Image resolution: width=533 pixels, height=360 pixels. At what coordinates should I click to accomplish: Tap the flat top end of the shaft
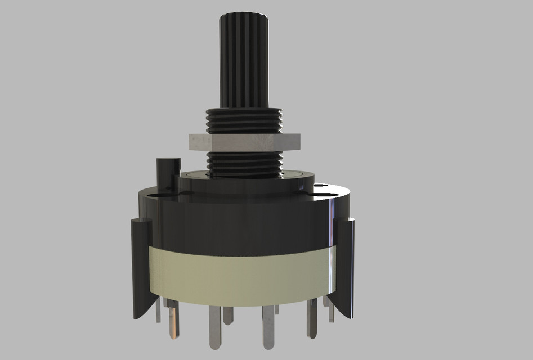[x=244, y=16]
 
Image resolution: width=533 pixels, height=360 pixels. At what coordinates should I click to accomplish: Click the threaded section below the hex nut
[x=244, y=164]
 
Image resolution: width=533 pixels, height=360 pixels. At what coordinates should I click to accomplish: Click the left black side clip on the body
[x=141, y=264]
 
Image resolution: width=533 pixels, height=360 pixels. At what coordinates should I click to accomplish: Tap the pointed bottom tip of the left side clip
[x=136, y=317]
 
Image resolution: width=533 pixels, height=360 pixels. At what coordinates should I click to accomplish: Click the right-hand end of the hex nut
[x=297, y=142]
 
